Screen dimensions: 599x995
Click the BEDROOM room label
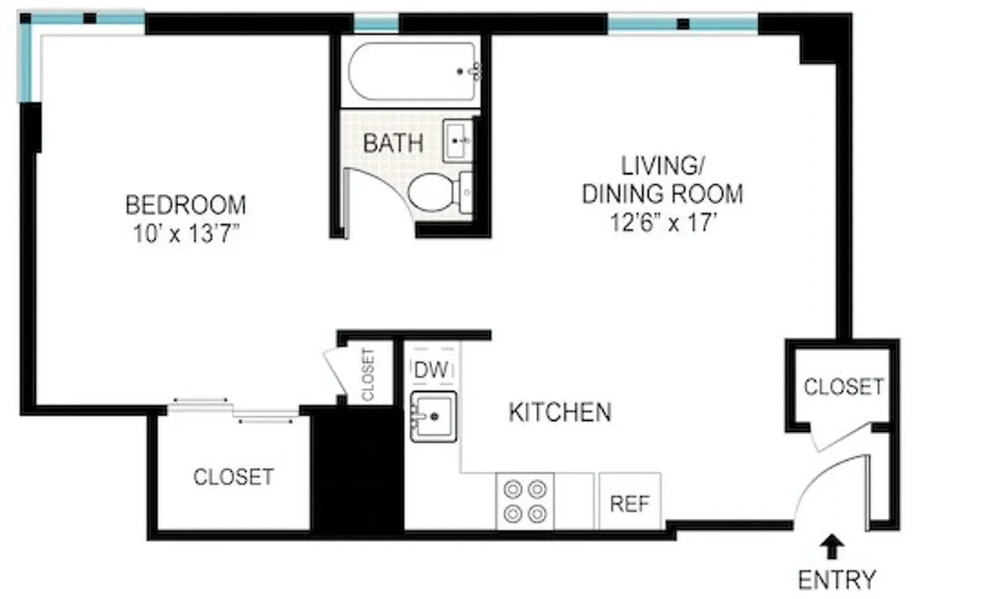coord(185,204)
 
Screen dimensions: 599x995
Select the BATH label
coord(393,143)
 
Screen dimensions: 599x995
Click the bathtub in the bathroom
coord(411,71)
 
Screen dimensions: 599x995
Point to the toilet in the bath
coord(434,192)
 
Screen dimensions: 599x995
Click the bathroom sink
coord(457,140)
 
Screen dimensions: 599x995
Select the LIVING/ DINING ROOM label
coord(662,179)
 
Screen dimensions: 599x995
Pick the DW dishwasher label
coord(430,369)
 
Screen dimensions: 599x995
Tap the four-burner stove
coord(525,502)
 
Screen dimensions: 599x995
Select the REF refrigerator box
coord(630,502)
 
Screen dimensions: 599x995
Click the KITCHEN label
coord(560,412)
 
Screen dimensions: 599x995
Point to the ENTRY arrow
coord(830,549)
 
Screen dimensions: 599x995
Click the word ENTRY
coord(836,580)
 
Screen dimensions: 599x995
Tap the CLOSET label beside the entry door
coord(843,386)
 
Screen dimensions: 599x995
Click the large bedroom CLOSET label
coord(233,476)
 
